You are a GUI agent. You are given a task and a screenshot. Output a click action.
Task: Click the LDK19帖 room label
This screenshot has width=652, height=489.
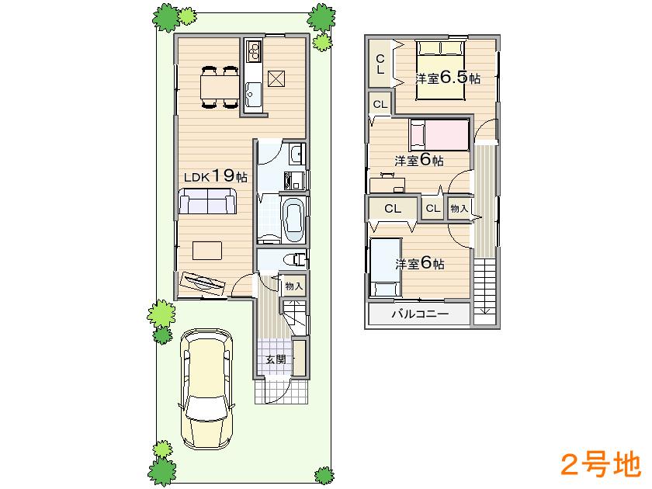(x=215, y=176)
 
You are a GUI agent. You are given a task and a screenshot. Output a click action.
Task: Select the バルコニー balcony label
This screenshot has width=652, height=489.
(x=419, y=314)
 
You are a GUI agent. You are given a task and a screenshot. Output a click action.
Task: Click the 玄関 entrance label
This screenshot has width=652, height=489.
(x=275, y=359)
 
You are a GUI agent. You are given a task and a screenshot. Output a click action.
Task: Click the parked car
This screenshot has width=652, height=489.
(x=206, y=388)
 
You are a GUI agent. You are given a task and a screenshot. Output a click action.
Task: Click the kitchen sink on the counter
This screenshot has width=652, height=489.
(x=253, y=97)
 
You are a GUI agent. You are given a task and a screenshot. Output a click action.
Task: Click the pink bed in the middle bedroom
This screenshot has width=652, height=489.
(x=439, y=135)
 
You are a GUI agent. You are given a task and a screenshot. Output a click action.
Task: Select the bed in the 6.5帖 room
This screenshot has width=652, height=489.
(x=440, y=68)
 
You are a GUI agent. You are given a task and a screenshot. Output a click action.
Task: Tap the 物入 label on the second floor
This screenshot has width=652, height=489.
(x=459, y=208)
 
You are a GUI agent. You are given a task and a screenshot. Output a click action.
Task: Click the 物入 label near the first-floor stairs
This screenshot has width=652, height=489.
(x=294, y=286)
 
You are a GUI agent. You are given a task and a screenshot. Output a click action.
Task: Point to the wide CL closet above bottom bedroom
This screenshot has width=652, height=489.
(x=392, y=208)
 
